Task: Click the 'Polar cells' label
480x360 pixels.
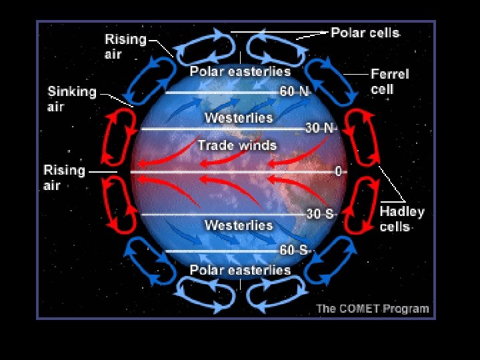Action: pos(365,33)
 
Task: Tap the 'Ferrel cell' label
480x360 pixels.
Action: pos(389,81)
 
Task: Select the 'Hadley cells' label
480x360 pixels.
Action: pos(401,219)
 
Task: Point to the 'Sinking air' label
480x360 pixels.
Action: pos(71,99)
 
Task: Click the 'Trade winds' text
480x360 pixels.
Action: pos(237,145)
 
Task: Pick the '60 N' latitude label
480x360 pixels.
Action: pos(294,92)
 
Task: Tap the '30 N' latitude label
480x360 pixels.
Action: pos(320,127)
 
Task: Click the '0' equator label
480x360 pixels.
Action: pos(339,172)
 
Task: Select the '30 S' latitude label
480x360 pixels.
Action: pos(320,215)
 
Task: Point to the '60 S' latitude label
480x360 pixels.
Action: pos(294,251)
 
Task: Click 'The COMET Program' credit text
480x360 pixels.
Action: pos(372,309)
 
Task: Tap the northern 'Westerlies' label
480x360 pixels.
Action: pos(239,118)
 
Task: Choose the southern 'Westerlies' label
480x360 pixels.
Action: pos(239,225)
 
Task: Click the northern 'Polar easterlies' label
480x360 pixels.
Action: pos(240,71)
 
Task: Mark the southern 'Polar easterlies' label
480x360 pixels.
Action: pos(240,270)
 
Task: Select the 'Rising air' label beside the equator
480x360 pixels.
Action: pos(64,177)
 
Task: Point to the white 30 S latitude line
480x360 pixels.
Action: pos(220,215)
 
